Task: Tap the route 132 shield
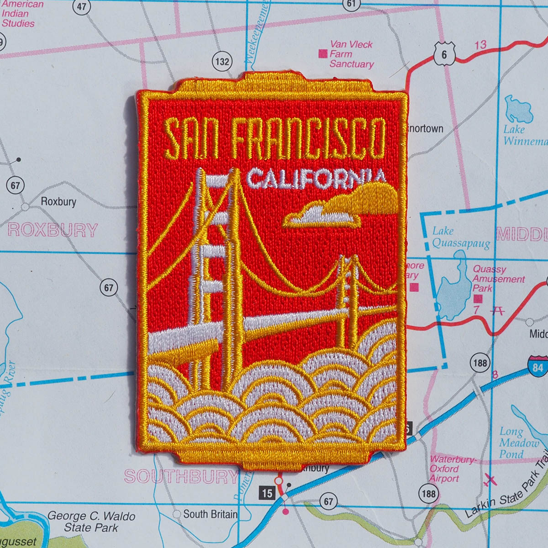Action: coord(222,61)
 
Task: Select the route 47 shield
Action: coord(81,6)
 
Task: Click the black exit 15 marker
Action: coord(267,493)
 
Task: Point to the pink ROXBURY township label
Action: coord(53,230)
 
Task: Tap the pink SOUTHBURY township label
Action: coord(182,477)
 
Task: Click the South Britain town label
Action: coord(210,514)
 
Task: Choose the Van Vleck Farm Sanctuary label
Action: coord(351,54)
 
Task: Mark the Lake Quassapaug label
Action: coord(460,237)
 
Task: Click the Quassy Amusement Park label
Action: coord(498,279)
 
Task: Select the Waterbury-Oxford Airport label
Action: coord(452,469)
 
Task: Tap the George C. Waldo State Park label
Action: coord(91,522)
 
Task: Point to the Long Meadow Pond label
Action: coord(519,443)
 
